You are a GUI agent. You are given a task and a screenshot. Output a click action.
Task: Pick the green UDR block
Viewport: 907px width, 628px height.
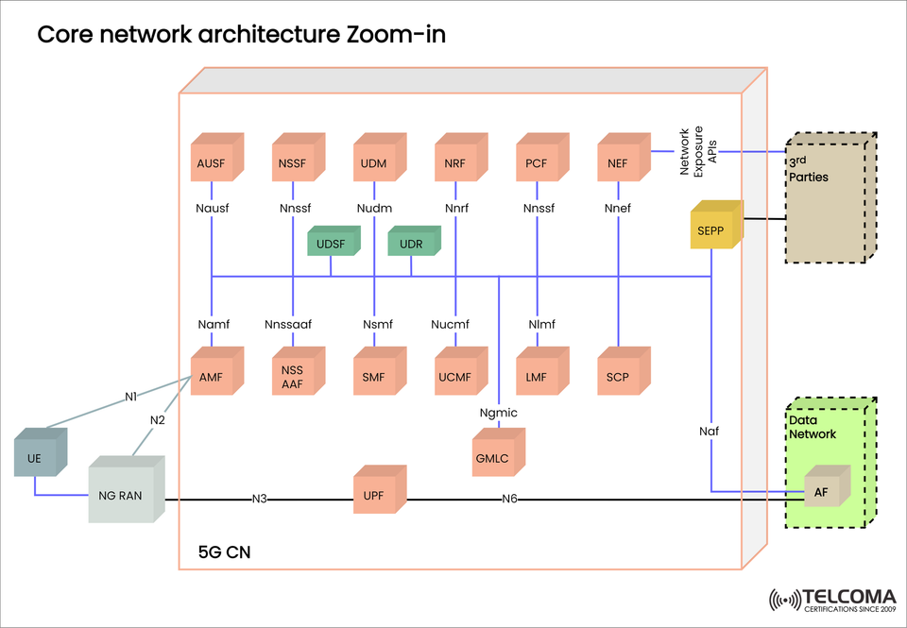(x=412, y=243)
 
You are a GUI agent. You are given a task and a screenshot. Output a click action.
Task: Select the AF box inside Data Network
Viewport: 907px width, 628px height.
(x=821, y=489)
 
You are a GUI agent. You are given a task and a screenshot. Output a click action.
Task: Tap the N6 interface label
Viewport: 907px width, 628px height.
(x=509, y=500)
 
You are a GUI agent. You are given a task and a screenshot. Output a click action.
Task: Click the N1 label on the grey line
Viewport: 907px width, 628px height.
(x=132, y=397)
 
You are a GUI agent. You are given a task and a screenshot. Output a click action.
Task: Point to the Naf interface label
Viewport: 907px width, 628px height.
(x=710, y=431)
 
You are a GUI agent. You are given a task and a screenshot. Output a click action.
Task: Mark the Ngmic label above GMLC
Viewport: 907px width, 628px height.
(x=498, y=413)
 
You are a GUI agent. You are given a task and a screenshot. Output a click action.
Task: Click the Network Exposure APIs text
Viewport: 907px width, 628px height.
(x=699, y=151)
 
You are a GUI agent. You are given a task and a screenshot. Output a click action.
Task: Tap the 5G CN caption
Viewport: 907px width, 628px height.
(x=224, y=550)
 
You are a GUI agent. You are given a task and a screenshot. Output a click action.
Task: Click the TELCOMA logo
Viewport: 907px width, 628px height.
(x=830, y=601)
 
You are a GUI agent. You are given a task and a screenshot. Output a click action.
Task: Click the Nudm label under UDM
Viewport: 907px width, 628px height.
(x=375, y=208)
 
